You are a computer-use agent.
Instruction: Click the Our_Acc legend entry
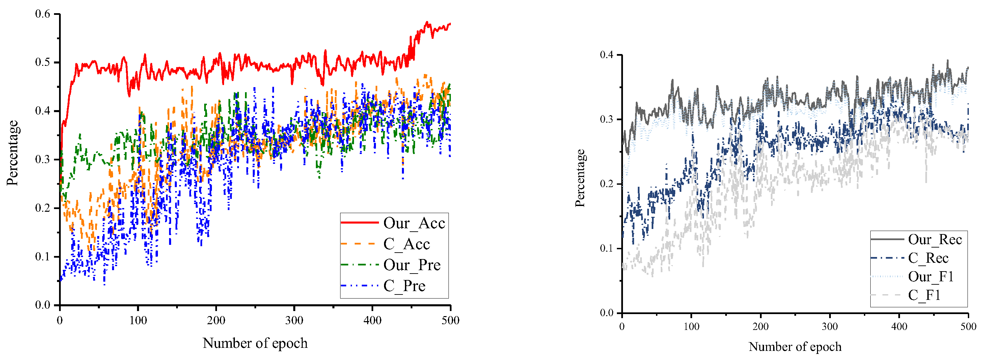coord(414,223)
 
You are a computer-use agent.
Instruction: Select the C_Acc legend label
coord(406,244)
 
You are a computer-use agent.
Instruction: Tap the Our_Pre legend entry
coord(411,265)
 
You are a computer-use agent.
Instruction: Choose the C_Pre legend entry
coord(404,286)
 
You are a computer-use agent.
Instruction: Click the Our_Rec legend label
coord(934,240)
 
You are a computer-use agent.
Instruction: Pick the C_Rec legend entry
coord(928,258)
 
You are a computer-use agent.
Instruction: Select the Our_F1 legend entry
coord(930,277)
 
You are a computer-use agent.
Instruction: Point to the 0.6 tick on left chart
coord(43,14)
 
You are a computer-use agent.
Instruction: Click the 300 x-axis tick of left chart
coord(294,320)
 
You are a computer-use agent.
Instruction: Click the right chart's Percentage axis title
coord(580,178)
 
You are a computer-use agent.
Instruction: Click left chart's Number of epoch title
coord(255,343)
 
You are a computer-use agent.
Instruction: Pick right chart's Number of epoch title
coord(795,347)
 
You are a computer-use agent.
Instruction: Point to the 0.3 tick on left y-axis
coord(43,159)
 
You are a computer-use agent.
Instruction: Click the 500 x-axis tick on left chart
coord(450,320)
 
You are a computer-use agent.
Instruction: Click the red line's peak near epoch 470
coord(427,22)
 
